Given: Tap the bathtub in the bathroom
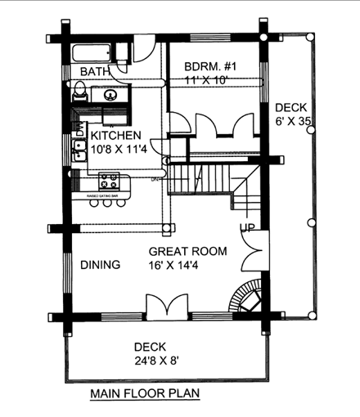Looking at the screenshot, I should click(92, 54).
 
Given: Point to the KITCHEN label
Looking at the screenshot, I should click(115, 135).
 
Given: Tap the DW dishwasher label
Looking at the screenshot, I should click(79, 128).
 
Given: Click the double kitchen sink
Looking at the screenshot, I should click(82, 150).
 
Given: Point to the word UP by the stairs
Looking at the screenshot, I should click(245, 226).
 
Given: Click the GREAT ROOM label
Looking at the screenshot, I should click(187, 250).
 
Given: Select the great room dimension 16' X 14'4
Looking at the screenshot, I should click(188, 265).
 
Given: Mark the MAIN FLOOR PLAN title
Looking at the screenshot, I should click(144, 394).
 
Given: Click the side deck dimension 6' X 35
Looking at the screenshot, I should click(295, 122).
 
